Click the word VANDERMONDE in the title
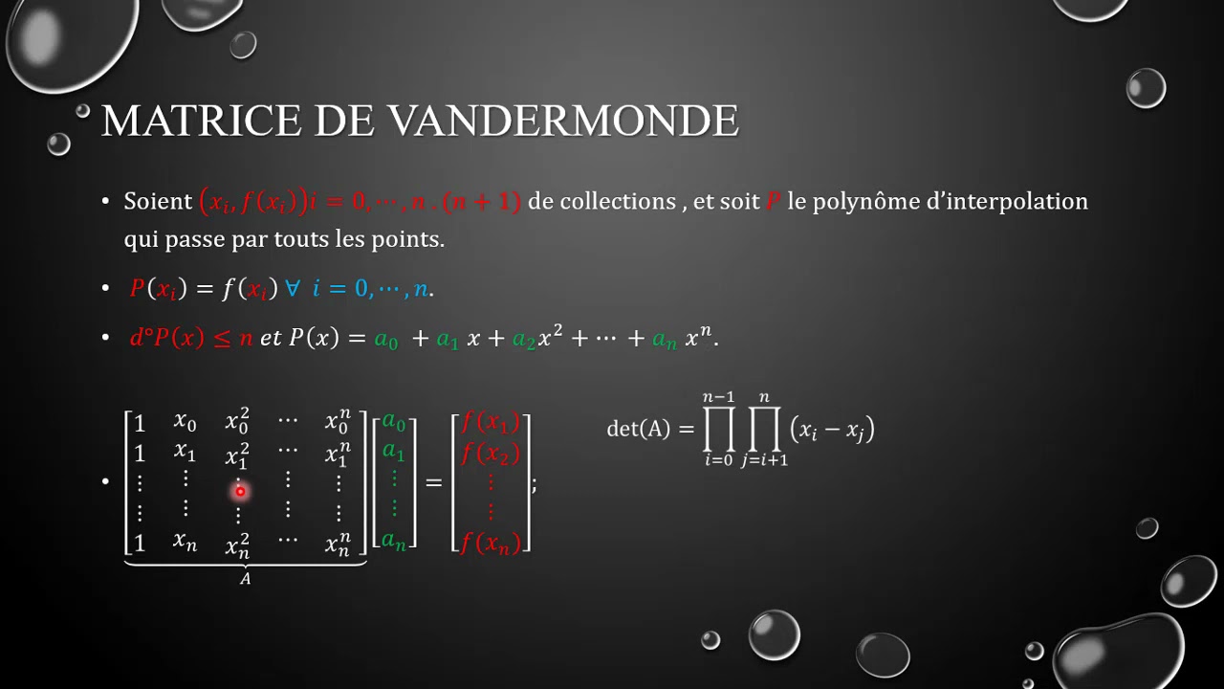[x=563, y=122]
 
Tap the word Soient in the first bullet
[x=159, y=201]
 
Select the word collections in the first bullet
[x=618, y=201]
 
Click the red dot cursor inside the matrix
[x=239, y=491]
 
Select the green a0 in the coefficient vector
[x=394, y=421]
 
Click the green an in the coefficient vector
[x=394, y=541]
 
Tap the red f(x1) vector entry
[x=490, y=422]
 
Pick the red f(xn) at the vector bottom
[x=490, y=543]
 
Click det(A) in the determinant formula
[x=639, y=429]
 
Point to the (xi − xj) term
[x=832, y=430]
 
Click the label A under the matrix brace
[x=245, y=579]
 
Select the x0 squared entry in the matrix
[x=236, y=421]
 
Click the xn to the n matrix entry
[x=338, y=544]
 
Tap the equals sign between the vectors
[x=433, y=483]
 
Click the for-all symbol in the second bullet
[x=293, y=288]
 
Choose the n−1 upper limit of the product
[x=718, y=397]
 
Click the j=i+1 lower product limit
[x=764, y=462]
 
